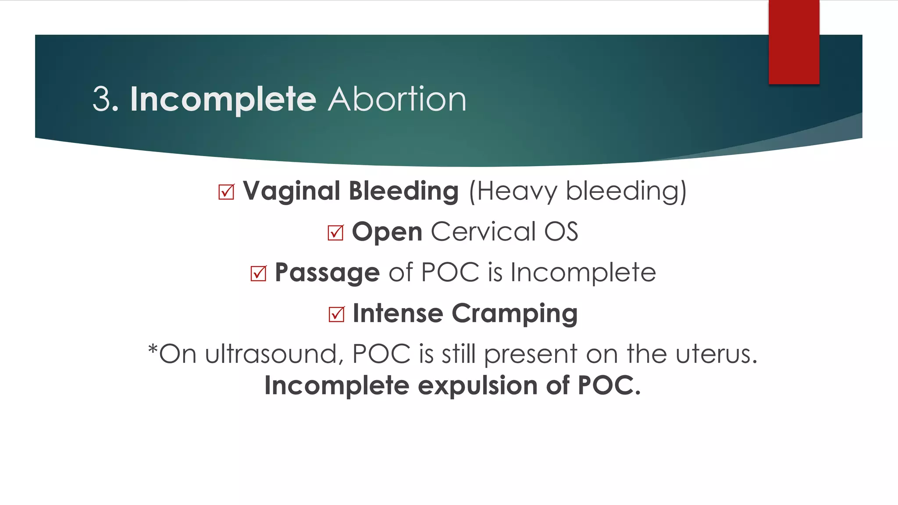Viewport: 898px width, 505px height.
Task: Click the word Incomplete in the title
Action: [x=223, y=100]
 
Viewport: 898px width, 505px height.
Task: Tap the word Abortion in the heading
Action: [x=397, y=100]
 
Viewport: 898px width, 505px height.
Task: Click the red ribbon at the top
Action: [x=794, y=42]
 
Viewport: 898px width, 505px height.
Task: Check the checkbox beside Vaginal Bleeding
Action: [x=226, y=192]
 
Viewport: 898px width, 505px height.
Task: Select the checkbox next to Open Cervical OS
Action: [x=335, y=232]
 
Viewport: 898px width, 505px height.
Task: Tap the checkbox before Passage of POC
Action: [x=258, y=274]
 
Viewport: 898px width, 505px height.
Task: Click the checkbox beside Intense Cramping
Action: [x=336, y=314]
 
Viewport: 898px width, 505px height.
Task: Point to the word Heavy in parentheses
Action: [x=517, y=192]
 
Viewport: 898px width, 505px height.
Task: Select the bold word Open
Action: [x=387, y=232]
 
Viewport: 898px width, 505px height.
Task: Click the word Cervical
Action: [x=483, y=231]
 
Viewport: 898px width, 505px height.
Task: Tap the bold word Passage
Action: [x=327, y=273]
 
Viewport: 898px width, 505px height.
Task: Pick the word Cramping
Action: [x=514, y=314]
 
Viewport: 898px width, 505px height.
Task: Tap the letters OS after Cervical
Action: [x=561, y=231]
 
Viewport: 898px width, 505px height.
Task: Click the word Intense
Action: [x=398, y=313]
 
